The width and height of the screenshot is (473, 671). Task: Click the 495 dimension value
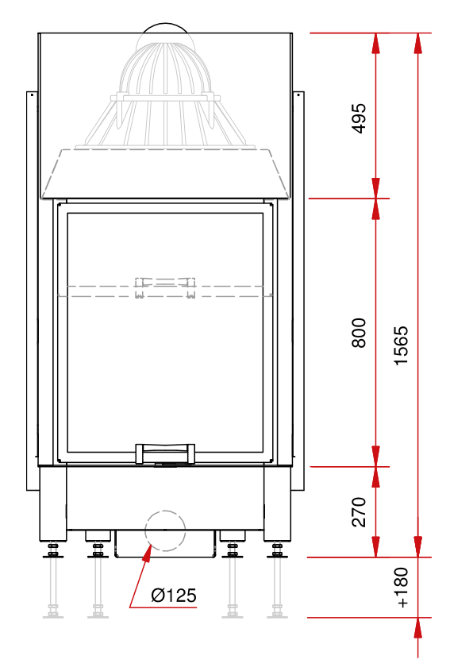[x=359, y=118]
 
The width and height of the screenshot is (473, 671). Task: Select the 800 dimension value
[x=359, y=333]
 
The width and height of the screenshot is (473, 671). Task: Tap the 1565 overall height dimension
[x=401, y=345]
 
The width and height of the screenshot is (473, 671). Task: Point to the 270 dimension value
[x=359, y=512]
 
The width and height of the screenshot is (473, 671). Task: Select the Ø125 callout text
[x=174, y=596]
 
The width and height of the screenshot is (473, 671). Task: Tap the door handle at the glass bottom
[x=165, y=453]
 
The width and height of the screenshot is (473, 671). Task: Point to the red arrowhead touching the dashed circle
[x=147, y=553]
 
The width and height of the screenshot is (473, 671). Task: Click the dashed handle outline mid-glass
[x=165, y=287]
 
